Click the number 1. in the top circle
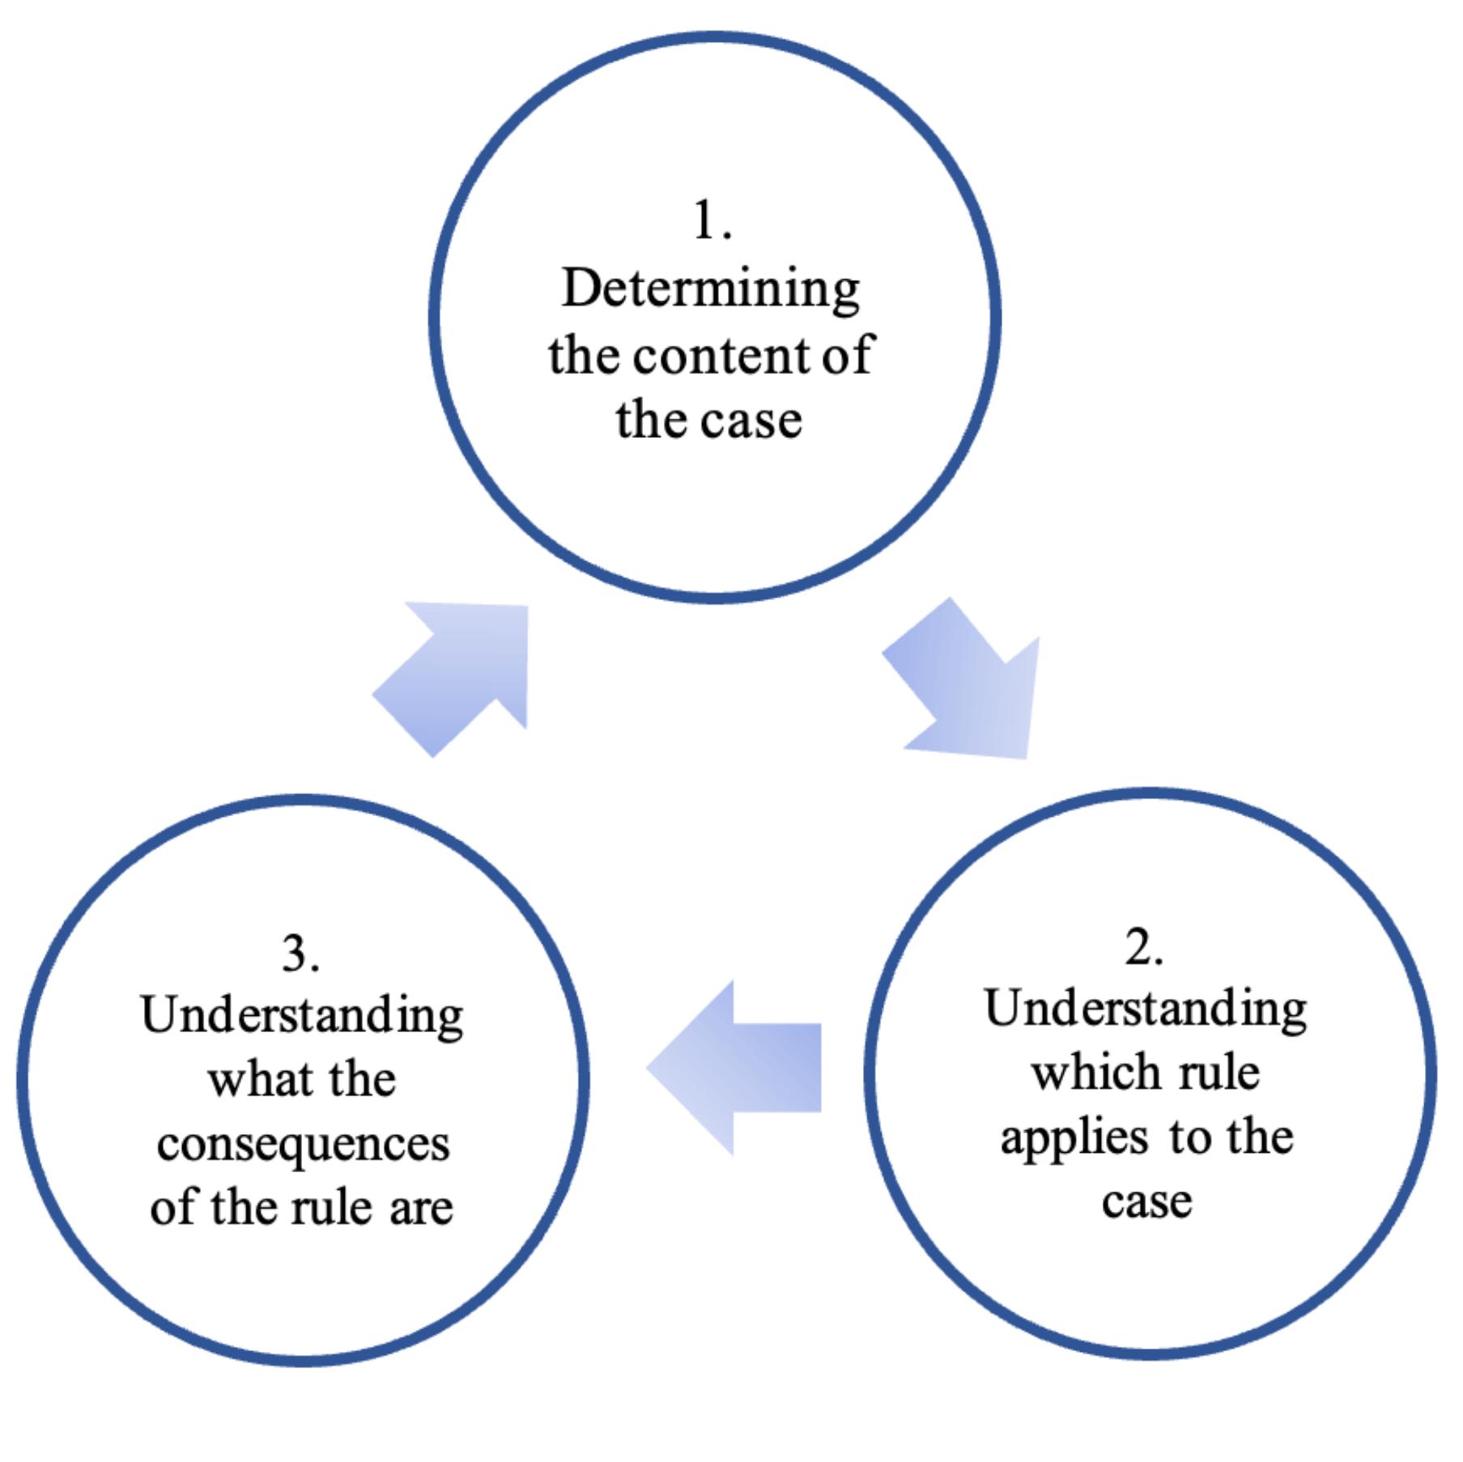tap(712, 221)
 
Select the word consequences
tap(304, 1145)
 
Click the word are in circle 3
tap(421, 1208)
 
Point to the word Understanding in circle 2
tap(1146, 1012)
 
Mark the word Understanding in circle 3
tap(302, 1018)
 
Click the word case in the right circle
tap(1146, 1201)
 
